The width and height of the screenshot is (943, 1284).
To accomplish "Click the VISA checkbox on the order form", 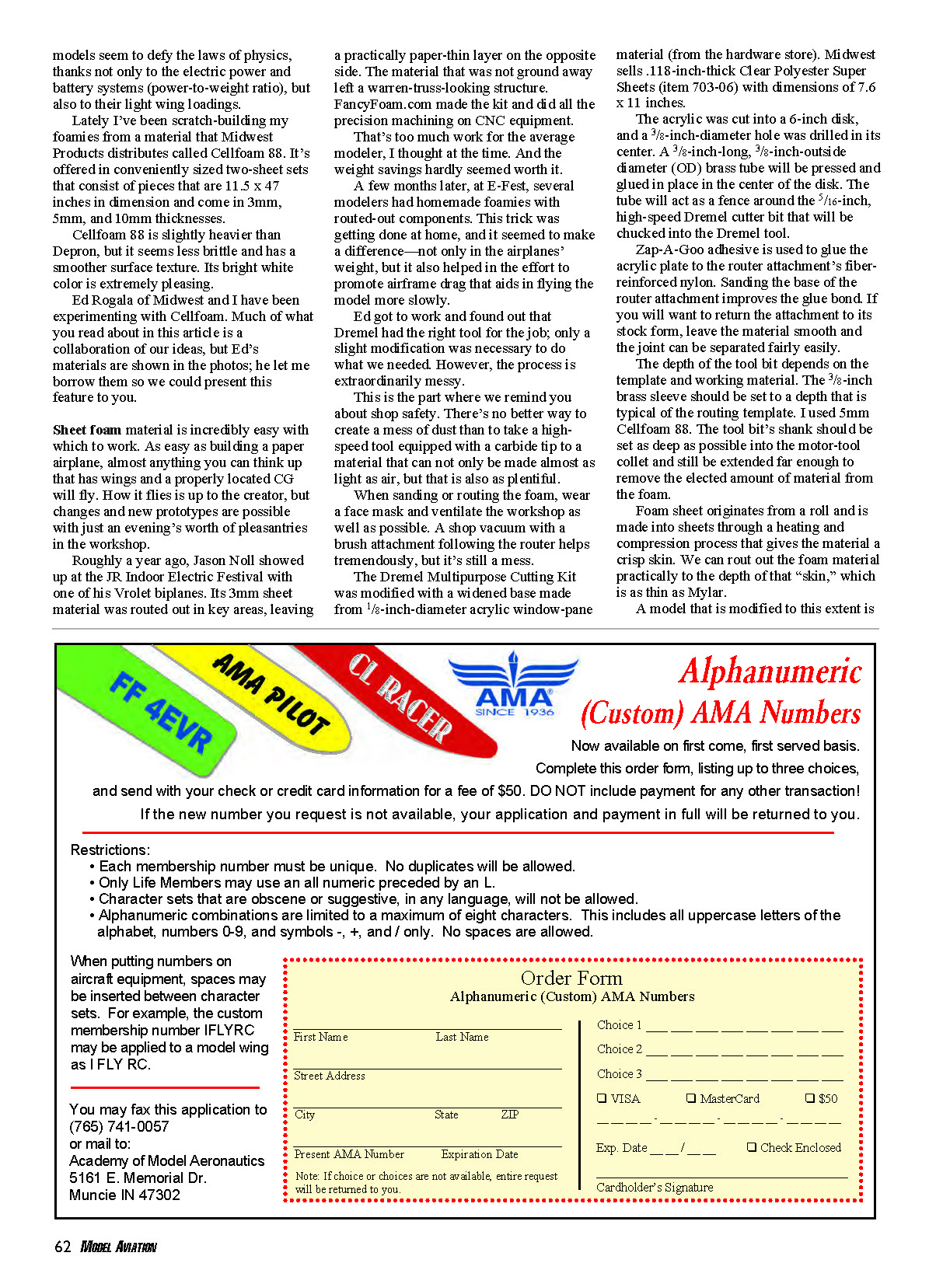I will point(602,1098).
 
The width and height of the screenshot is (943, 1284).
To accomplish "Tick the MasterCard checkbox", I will point(691,1098).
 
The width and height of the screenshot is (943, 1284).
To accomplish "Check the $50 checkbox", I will point(810,1098).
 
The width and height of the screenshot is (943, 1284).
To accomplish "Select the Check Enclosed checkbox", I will point(752,1147).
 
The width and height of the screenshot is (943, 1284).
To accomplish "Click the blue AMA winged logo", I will point(514,685).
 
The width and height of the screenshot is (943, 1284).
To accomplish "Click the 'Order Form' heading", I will point(571,979).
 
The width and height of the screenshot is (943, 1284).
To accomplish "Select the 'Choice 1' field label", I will point(619,1025).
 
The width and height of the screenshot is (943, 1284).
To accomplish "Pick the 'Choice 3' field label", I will point(619,1074).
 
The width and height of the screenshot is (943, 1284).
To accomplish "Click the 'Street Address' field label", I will point(329,1076).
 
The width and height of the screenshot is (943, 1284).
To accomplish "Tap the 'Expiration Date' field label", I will point(479,1154).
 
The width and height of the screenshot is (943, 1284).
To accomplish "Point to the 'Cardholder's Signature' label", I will point(655,1188).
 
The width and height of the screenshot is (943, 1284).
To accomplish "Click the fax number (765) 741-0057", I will point(119,1127).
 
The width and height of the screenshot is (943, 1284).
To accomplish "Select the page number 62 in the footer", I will point(62,1247).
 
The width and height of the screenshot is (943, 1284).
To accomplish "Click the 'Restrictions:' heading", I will point(110,850).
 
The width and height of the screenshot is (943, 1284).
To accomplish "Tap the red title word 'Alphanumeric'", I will point(770,672).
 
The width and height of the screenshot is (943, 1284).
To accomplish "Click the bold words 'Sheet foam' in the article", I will point(87,430).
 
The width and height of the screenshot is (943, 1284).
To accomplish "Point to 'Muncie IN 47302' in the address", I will point(124,1195).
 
